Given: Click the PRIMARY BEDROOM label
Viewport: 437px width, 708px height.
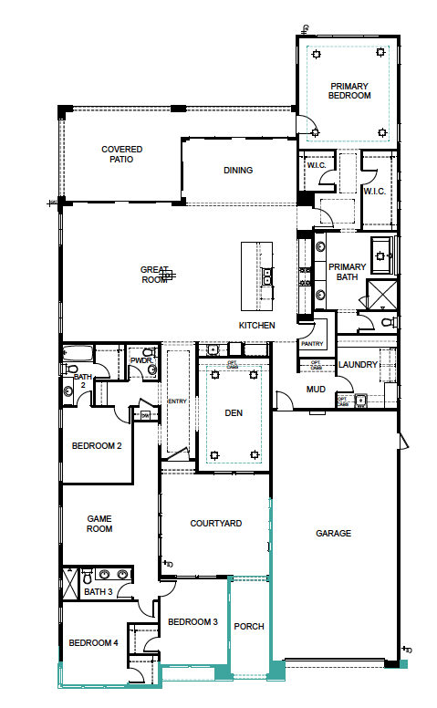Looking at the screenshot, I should coord(350,89).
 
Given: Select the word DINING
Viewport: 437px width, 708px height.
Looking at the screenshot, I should coord(238,170).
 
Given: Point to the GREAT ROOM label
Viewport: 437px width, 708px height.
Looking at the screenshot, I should coord(154,275).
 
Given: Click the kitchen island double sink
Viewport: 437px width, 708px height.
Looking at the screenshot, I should coord(269,276).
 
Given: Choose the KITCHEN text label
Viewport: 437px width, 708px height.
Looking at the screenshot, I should coord(256,325).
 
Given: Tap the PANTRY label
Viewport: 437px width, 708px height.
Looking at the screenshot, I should coord(312,344).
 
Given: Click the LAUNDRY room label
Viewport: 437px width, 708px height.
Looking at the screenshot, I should coord(357,365).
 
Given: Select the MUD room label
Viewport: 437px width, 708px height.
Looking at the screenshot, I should coord(316,390).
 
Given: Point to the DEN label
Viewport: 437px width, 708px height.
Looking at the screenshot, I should coord(234,413).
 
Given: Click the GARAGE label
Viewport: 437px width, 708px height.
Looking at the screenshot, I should coord(333,534).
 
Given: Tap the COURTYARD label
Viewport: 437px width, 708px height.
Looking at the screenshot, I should coord(215,524).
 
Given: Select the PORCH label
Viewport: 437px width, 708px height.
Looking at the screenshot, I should coord(249,627).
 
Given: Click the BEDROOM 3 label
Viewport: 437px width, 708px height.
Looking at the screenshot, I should coord(192,622).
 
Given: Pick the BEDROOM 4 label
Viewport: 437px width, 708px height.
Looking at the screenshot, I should coord(93,642).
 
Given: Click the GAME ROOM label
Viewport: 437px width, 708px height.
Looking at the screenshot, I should coord(99,522).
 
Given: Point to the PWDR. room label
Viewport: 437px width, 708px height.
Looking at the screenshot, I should coord(140,360).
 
